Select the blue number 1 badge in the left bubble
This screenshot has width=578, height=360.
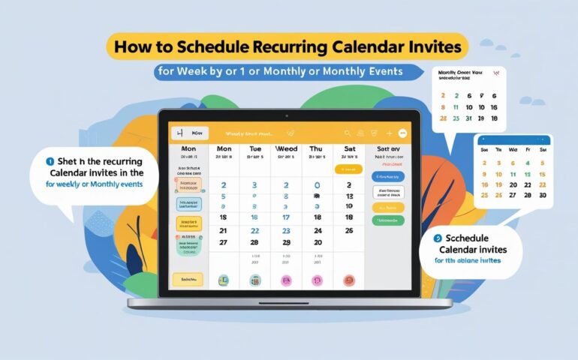pos(50,160)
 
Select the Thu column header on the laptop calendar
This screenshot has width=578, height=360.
pos(317,148)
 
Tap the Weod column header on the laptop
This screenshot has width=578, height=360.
pos(286,148)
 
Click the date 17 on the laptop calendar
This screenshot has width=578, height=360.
pos(285,217)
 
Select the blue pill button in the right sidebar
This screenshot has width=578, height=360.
pos(387,177)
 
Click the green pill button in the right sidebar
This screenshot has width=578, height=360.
pos(387,220)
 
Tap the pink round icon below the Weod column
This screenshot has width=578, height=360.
pos(285,280)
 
